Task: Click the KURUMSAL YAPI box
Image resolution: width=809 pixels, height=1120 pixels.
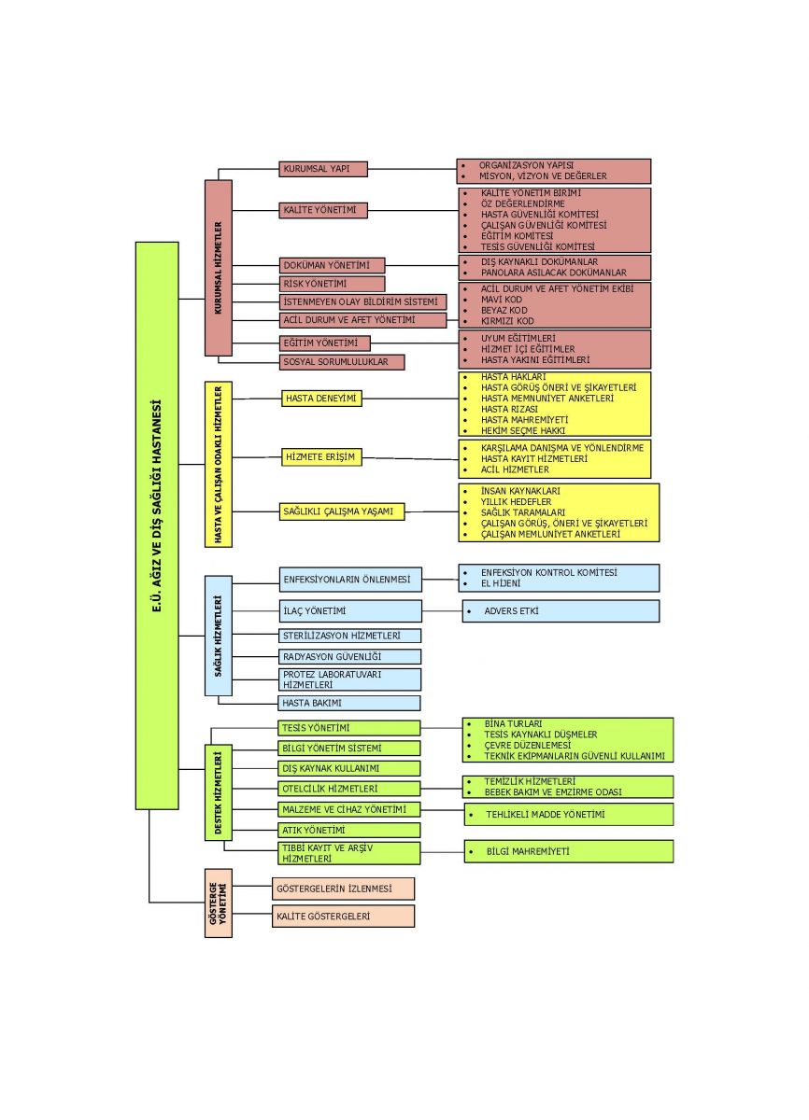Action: tap(322, 169)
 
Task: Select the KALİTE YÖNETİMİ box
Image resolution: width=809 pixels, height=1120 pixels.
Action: tap(322, 210)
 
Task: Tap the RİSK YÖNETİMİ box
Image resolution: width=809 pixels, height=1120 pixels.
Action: tap(332, 284)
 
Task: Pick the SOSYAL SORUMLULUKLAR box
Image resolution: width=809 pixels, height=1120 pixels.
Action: tap(341, 361)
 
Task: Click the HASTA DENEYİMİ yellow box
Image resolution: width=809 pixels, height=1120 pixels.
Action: tap(321, 399)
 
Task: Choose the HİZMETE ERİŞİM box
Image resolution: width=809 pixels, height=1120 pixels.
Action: tap(321, 456)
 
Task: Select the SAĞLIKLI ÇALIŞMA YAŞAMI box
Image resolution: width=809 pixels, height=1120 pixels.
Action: tap(342, 511)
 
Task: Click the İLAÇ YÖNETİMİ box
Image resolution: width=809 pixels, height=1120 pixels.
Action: tap(350, 611)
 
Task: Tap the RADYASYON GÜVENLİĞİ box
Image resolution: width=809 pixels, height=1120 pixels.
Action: tap(350, 657)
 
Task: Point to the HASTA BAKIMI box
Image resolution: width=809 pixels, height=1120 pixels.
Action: tap(350, 703)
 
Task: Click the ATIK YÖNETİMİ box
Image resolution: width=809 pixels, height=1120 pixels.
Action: tap(350, 830)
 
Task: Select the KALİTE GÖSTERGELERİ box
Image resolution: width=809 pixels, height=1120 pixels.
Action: tap(343, 917)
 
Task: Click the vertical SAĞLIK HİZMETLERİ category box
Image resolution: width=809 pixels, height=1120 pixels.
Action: tap(218, 636)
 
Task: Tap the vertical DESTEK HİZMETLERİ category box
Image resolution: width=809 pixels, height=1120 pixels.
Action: tap(218, 792)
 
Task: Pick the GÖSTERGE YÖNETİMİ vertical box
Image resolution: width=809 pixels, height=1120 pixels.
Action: tap(218, 903)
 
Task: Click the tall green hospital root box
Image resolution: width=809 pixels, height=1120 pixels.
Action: tap(156, 525)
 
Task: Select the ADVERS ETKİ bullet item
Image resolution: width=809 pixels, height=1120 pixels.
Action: tap(511, 611)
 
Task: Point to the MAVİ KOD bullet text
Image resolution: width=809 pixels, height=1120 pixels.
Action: tap(502, 300)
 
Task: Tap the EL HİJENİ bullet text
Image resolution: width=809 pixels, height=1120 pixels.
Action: tap(501, 583)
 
